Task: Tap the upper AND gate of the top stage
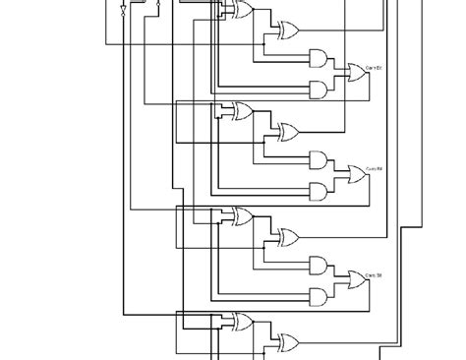[x=320, y=56]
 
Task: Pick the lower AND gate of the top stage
[x=320, y=88]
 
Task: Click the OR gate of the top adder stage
[x=354, y=71]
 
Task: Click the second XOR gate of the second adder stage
[x=289, y=131]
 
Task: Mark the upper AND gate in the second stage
[x=320, y=158]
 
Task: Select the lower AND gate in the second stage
[x=320, y=189]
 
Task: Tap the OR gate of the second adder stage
[x=354, y=174]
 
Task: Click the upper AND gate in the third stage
[x=320, y=264]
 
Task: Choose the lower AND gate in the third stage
[x=320, y=294]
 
